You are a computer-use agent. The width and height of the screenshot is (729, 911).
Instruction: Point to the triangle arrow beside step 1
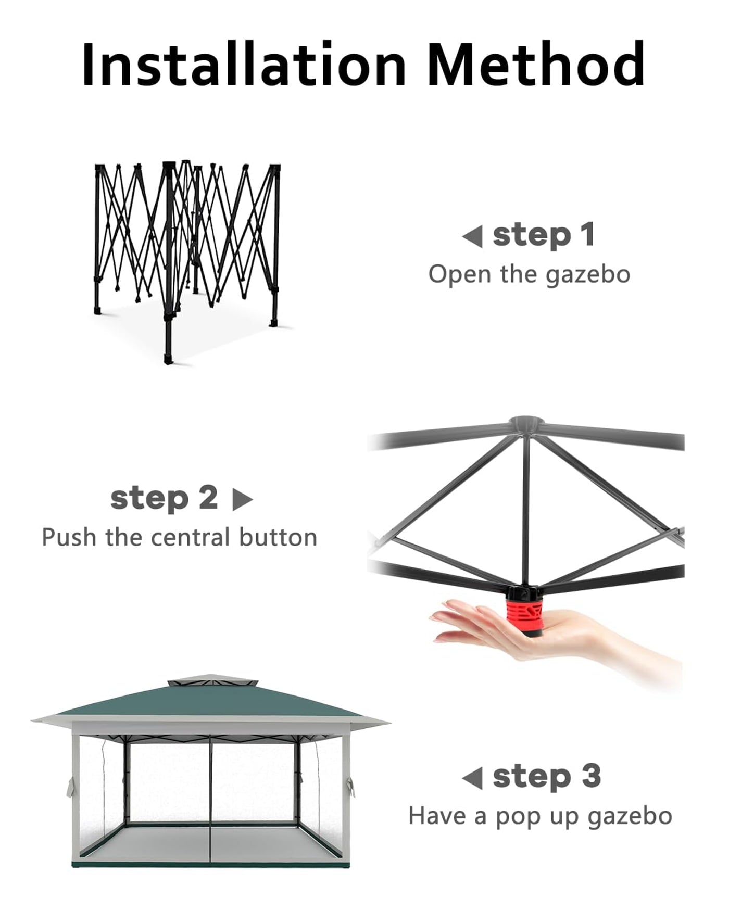point(472,237)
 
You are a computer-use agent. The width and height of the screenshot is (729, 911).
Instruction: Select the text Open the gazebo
point(529,275)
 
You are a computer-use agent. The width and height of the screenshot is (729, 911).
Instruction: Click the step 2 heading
point(164,498)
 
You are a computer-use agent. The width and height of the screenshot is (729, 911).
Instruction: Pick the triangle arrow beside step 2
point(242,500)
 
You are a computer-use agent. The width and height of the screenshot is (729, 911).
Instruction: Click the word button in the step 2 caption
point(278,537)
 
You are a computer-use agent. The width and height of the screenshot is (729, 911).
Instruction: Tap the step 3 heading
point(547,777)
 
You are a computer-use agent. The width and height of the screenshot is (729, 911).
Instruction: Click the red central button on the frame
point(525,616)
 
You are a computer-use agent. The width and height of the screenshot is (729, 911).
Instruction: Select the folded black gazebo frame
point(187,260)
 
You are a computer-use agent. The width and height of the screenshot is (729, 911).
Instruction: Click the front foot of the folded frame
point(168,359)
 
